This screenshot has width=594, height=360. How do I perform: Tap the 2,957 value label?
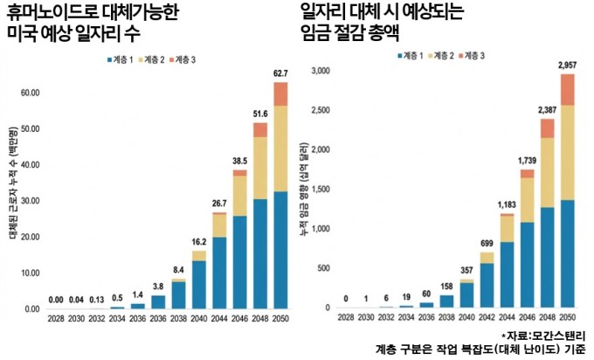pos(568,65)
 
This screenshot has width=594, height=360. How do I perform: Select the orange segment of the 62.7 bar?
pos(280,93)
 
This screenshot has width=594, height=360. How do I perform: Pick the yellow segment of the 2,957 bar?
pos(568,152)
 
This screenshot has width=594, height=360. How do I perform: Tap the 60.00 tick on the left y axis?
pos(31,92)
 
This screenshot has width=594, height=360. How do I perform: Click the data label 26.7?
pos(219,204)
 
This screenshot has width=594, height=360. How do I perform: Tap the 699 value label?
pos(486,244)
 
